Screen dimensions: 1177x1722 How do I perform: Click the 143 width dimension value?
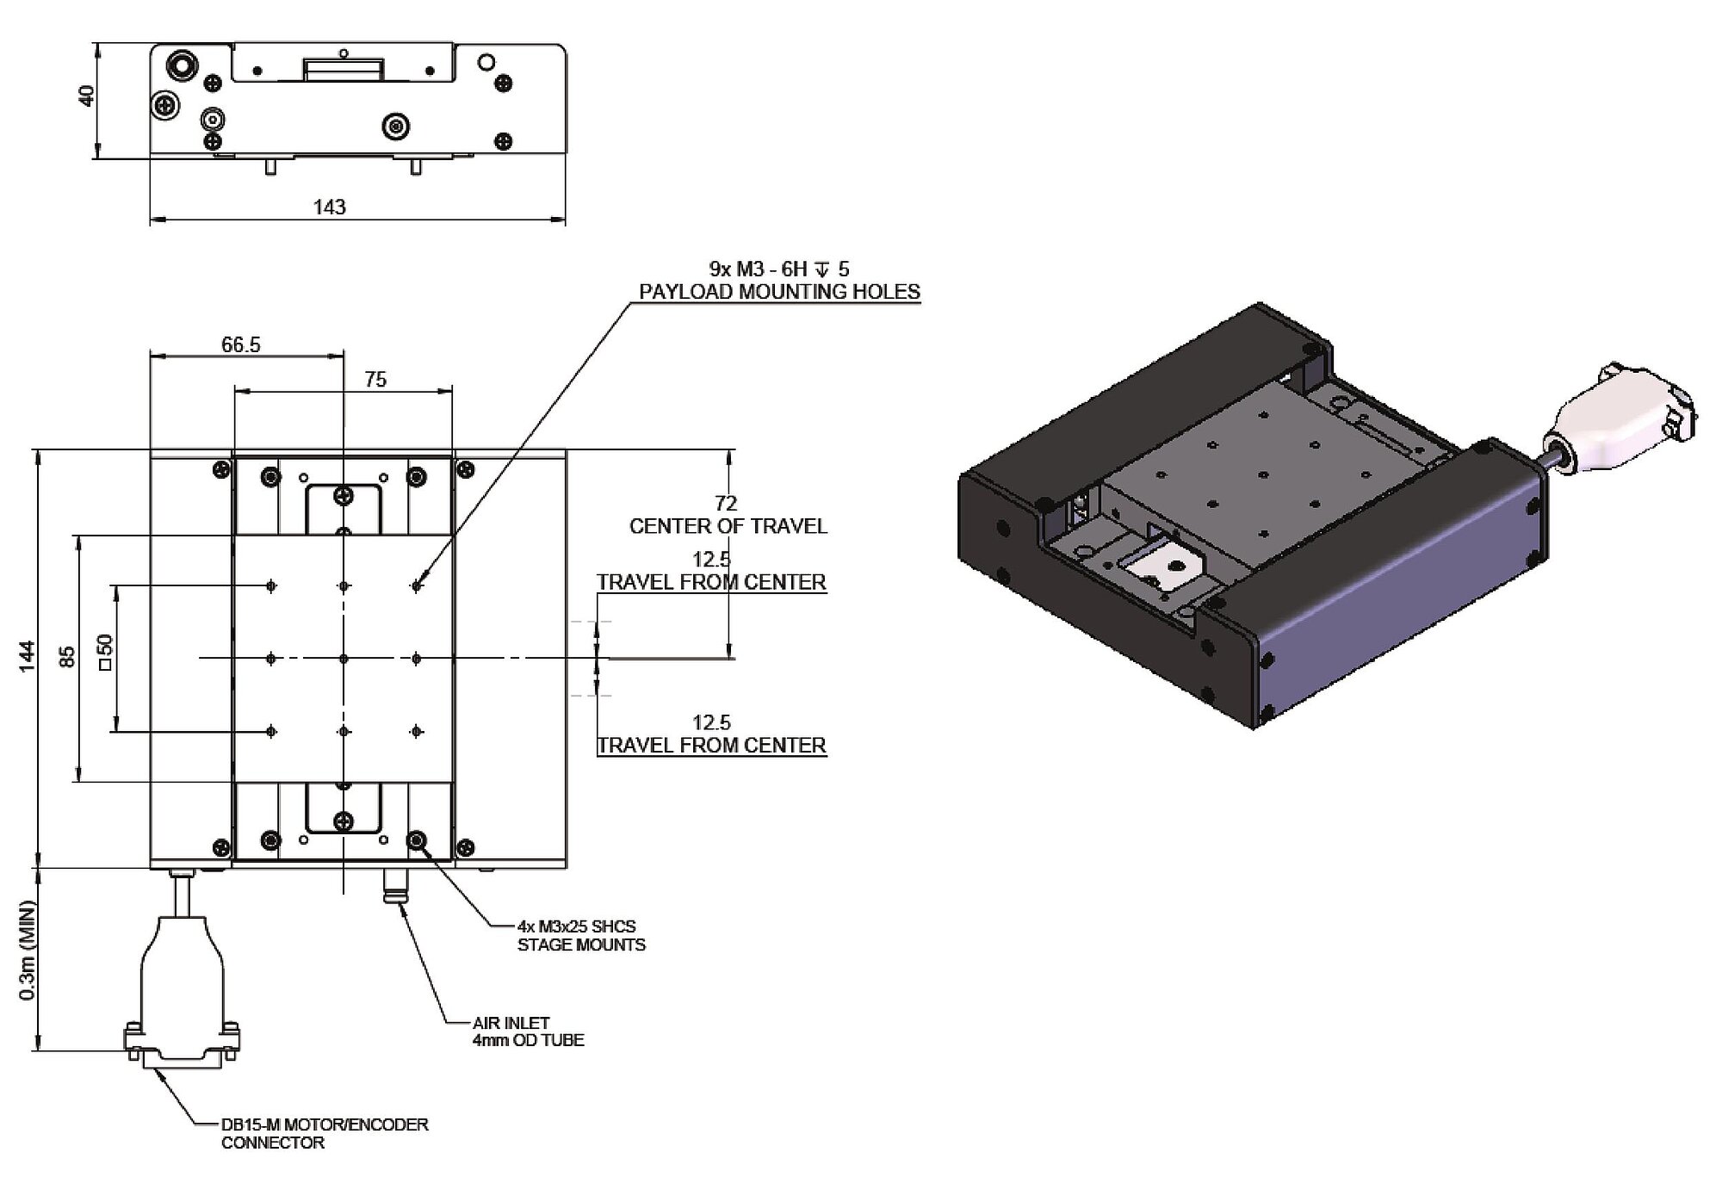click(330, 207)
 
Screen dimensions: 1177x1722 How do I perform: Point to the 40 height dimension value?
click(86, 96)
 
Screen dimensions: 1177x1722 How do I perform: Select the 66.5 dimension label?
click(240, 344)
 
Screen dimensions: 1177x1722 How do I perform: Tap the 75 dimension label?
click(375, 380)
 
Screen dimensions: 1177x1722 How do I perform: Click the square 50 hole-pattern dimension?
click(105, 653)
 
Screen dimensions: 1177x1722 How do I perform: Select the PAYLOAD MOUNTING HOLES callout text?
click(779, 292)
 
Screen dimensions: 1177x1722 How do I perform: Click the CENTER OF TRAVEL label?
click(728, 526)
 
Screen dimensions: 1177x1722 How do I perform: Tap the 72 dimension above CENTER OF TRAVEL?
click(726, 503)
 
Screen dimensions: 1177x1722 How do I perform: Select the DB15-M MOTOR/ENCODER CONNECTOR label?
click(324, 1133)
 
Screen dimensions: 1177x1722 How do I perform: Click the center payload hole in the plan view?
click(344, 659)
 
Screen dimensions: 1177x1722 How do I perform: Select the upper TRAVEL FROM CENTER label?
click(712, 582)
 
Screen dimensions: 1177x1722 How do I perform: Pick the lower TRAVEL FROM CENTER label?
click(712, 745)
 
